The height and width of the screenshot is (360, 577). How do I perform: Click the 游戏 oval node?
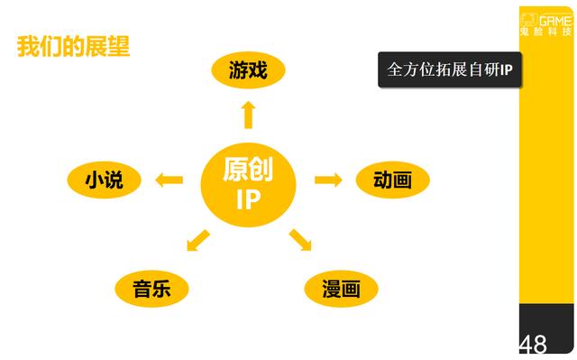[x=248, y=70]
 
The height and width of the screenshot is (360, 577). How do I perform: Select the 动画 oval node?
[x=392, y=180]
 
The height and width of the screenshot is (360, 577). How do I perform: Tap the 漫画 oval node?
[x=341, y=290]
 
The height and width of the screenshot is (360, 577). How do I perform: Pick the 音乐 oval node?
[x=151, y=290]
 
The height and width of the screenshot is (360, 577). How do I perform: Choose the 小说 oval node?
[x=104, y=180]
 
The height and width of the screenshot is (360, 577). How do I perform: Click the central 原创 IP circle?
[x=248, y=183]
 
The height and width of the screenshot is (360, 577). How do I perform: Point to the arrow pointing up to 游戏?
[x=248, y=115]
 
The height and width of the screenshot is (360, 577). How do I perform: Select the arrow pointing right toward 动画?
[x=328, y=180]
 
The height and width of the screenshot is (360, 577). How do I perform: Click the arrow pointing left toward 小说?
[x=169, y=180]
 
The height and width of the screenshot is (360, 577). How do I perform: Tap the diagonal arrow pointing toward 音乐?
[x=197, y=241]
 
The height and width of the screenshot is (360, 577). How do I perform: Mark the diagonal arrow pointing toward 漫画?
[x=300, y=241]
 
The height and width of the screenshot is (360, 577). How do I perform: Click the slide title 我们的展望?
[x=73, y=47]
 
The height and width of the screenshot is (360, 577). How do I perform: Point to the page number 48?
[x=533, y=344]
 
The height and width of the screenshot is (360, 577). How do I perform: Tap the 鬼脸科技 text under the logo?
[x=546, y=32]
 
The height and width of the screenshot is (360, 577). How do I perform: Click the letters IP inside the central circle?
[x=248, y=199]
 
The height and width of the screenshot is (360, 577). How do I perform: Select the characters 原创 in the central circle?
[x=248, y=169]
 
